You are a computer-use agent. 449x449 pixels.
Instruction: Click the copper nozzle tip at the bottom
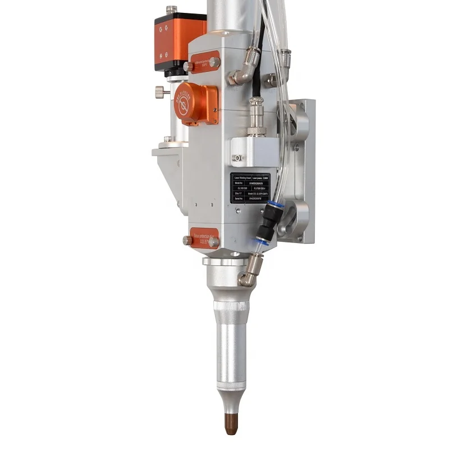tap(231, 424)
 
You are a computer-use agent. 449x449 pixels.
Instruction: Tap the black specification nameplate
tap(250, 188)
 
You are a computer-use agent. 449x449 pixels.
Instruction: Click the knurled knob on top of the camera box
tap(171, 10)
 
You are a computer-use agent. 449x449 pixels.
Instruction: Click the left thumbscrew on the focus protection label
tap(187, 240)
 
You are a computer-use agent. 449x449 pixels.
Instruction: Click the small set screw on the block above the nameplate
tap(238, 158)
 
